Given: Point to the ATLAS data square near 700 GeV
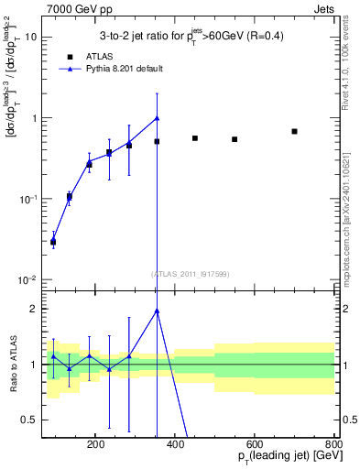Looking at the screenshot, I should point(294,131).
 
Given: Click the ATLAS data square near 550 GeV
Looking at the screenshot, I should point(235,139).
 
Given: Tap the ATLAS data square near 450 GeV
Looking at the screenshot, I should point(195,138).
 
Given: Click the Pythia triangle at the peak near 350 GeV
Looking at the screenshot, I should point(157,117).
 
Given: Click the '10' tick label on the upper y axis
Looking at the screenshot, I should point(31,38).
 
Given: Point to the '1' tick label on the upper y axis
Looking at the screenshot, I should point(34,118).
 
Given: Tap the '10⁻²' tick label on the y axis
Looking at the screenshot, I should point(28,279).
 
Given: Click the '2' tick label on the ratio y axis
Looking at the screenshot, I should point(34,309).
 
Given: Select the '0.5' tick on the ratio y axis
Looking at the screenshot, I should point(29,420).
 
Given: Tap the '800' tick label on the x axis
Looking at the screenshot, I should point(333,446).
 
